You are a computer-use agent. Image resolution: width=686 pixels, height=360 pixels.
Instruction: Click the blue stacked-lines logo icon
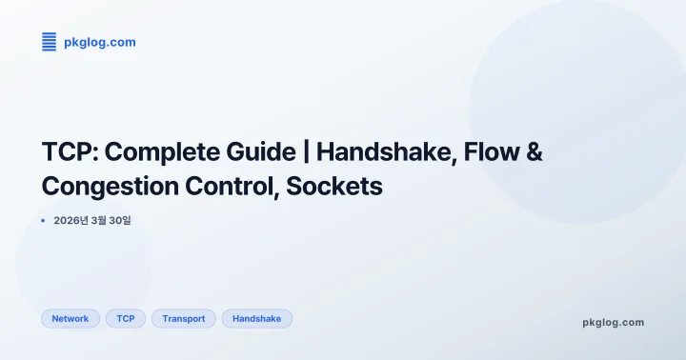tap(50, 42)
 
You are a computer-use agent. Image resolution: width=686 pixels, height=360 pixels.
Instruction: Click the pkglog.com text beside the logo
tap(99, 42)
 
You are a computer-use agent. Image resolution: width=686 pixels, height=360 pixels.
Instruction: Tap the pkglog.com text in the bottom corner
tap(613, 322)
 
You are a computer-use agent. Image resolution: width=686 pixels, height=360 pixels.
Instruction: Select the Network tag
tap(71, 319)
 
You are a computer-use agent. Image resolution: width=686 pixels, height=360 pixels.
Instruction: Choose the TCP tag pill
tap(126, 319)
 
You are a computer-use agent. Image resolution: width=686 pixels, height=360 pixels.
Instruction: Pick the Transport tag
tap(184, 319)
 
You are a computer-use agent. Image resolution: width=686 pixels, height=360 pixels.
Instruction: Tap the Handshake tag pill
tap(257, 319)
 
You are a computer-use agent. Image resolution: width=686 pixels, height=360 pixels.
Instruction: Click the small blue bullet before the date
tap(43, 221)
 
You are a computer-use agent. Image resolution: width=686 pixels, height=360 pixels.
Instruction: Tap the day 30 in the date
tap(119, 221)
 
